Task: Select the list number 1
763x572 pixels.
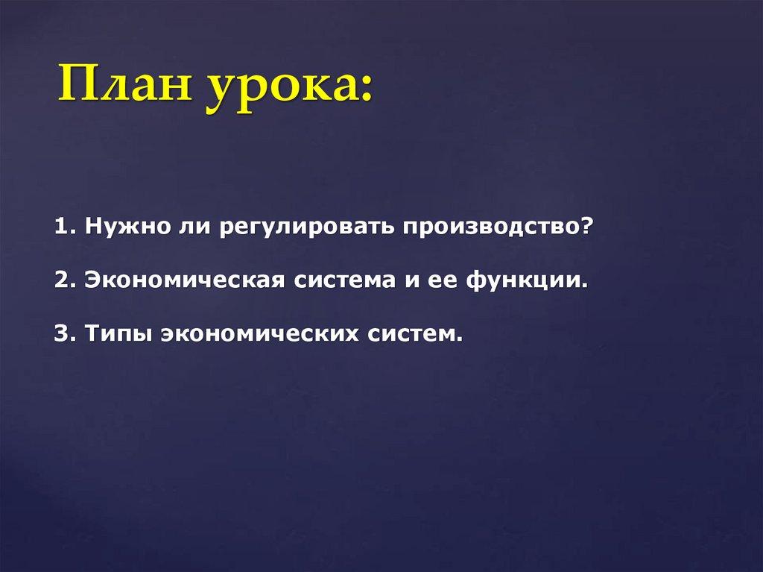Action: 60,227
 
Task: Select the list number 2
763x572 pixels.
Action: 60,280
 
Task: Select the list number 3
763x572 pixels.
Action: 60,333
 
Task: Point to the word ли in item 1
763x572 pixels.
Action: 192,227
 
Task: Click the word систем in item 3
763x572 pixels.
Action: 413,334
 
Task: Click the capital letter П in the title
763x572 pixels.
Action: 77,86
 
